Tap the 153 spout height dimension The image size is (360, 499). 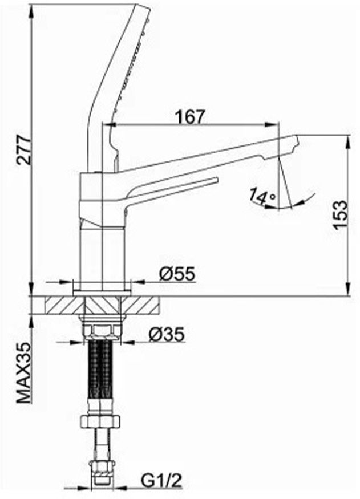click(339, 214)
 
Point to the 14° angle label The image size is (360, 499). click(262, 196)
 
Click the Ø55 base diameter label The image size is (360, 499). click(177, 274)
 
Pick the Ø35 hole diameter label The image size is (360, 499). click(167, 334)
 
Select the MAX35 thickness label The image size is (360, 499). click(24, 372)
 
